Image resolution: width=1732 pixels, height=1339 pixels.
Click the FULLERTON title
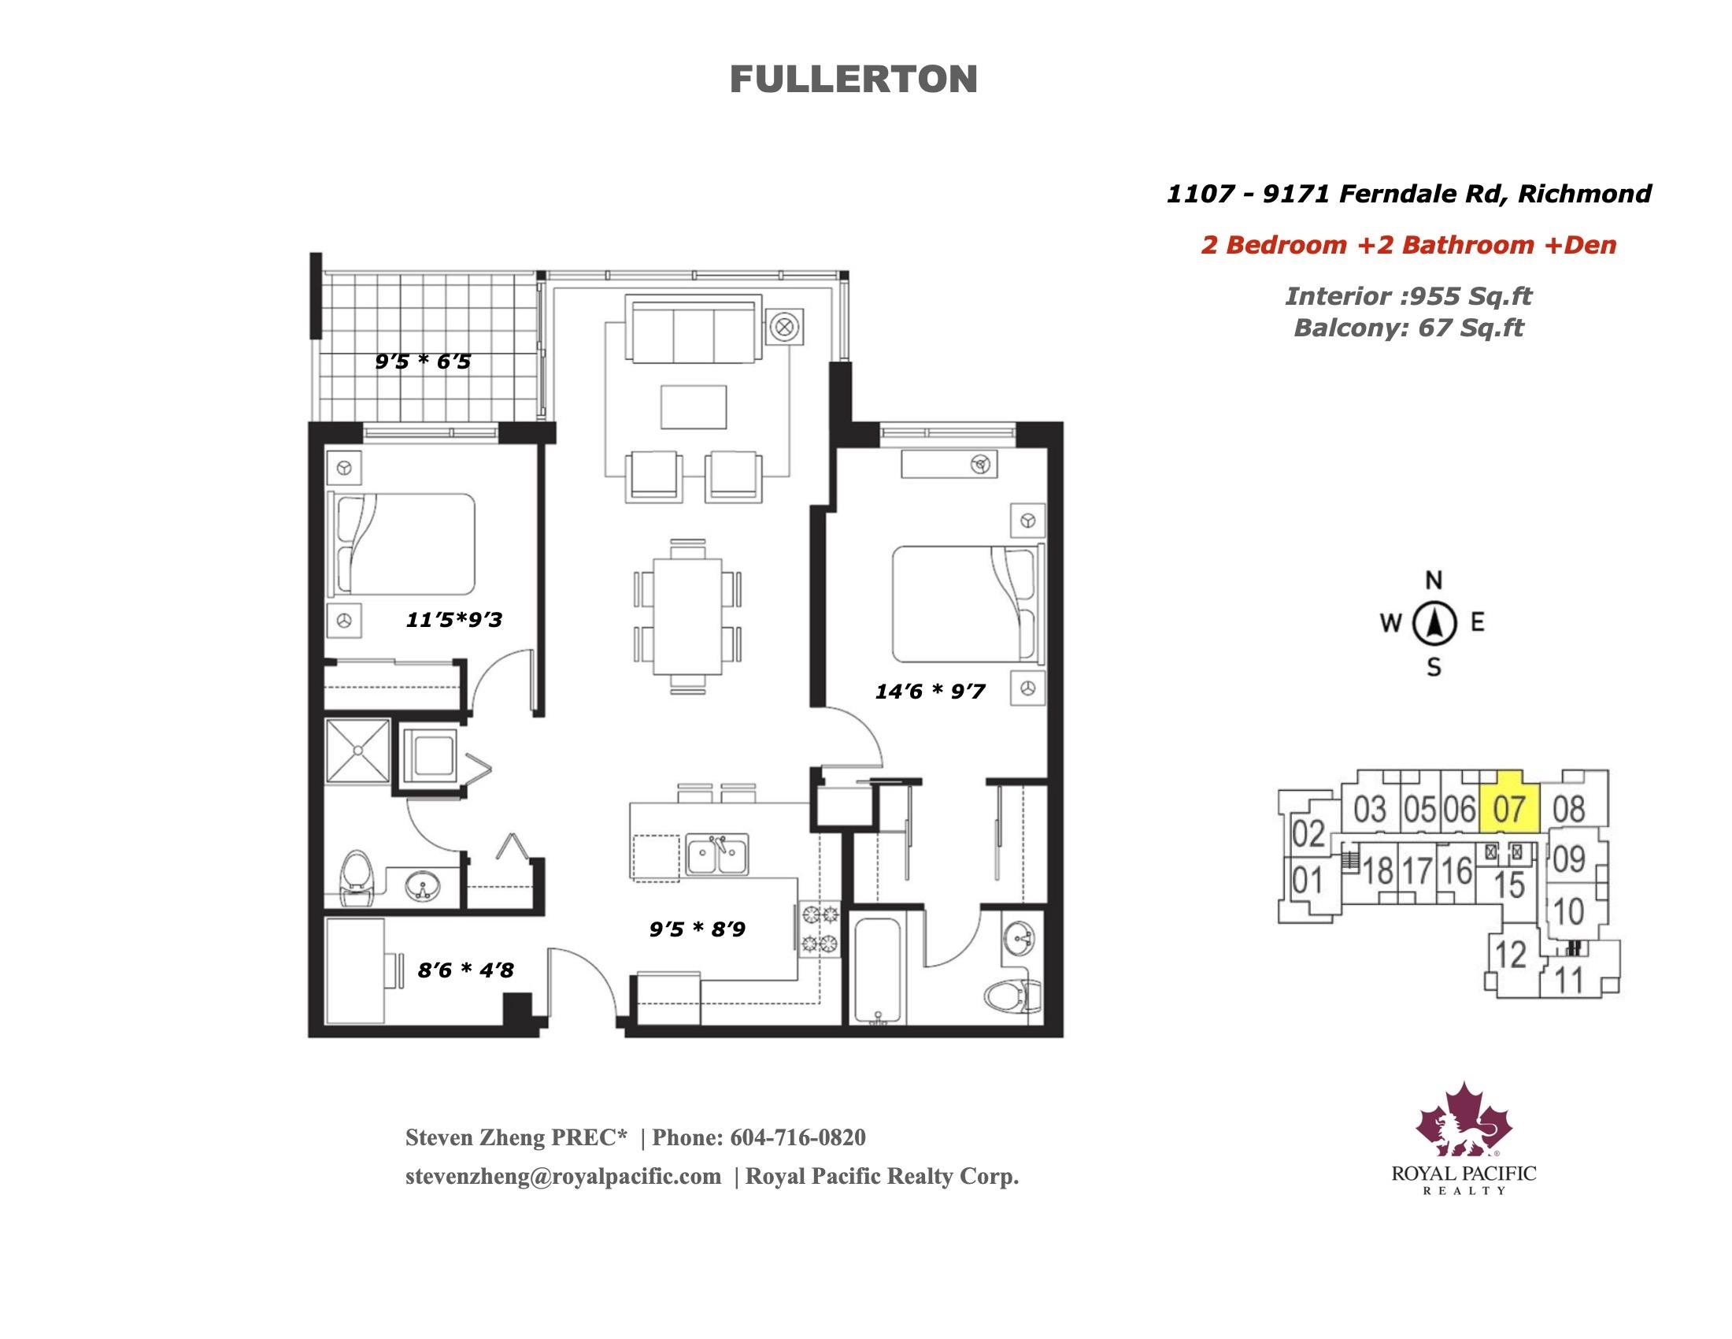coord(853,80)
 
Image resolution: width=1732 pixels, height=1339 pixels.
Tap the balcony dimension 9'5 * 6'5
coord(423,362)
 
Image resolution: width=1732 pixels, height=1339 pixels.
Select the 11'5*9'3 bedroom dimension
coord(453,620)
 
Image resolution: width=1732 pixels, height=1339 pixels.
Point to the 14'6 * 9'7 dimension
coord(930,692)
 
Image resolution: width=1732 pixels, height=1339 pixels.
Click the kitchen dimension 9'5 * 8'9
coord(697,929)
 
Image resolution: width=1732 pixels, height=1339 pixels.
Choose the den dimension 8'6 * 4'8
coord(465,970)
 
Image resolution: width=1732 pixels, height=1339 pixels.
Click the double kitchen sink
coord(717,855)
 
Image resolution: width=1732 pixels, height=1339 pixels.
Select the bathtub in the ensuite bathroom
coord(878,971)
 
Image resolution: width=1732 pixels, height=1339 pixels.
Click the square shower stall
coord(358,751)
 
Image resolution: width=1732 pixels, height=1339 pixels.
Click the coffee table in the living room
coord(694,407)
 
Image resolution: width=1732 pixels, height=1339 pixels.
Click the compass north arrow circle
coord(1434,624)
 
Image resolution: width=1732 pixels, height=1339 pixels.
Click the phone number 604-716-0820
coord(798,1137)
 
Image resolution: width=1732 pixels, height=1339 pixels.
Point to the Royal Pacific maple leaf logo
coord(1464,1119)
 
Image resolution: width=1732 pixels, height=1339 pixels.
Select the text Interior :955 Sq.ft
coord(1408,296)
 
